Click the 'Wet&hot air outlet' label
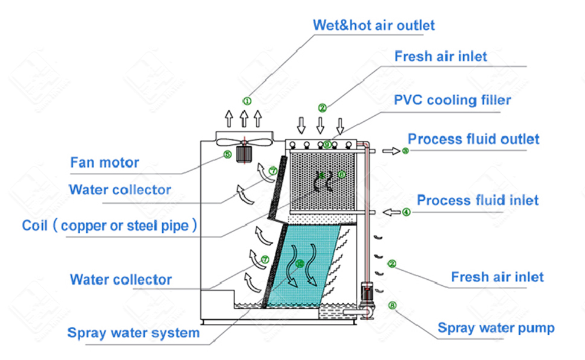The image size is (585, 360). pos(373,25)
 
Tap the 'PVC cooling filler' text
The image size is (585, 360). pos(452,100)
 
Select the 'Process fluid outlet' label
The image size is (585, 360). pos(473,139)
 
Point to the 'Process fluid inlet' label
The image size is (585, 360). pos(477,200)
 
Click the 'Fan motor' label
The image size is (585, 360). pos(104,162)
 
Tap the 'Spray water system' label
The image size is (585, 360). pos(133,333)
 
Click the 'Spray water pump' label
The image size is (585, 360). pos(496,328)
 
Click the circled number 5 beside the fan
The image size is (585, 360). pos(227,154)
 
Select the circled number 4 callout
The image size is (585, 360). pos(406,212)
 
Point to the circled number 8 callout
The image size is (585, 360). pos(393,306)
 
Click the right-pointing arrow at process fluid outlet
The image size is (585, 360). pos(391,151)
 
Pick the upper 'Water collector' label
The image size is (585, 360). pos(120,190)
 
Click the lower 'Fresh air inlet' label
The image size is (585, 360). pos(497,277)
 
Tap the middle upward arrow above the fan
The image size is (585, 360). pos(244,116)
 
